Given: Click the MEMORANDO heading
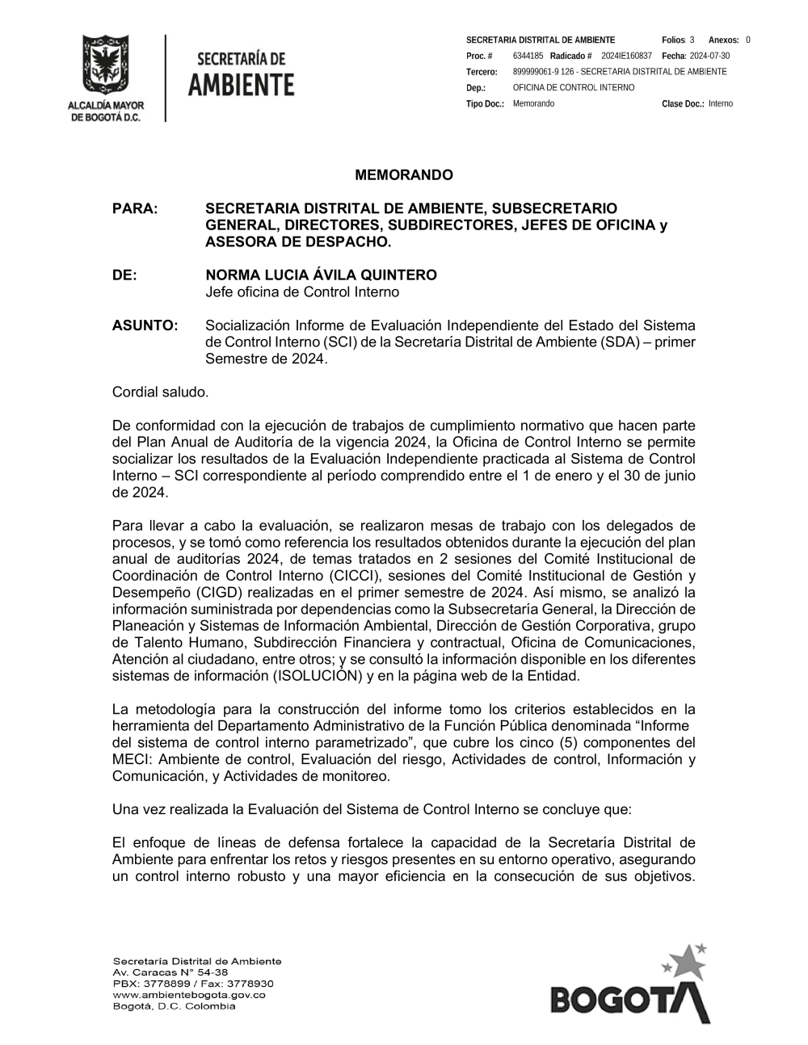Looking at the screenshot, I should click(x=404, y=175).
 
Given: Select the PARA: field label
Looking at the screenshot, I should click(x=135, y=208).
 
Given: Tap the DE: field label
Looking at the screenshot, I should click(x=124, y=275).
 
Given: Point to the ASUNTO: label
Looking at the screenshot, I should click(x=145, y=325).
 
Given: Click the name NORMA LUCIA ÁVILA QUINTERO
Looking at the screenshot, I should click(x=321, y=275).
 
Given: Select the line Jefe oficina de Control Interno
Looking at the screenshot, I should click(x=301, y=292).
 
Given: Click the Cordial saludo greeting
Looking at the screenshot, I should click(x=160, y=392).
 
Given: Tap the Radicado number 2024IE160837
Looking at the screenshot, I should click(x=626, y=56).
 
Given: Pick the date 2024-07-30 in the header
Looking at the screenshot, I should click(x=709, y=56).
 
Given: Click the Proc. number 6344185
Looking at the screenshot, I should click(x=528, y=56).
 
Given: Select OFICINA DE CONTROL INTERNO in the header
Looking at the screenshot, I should click(x=574, y=87).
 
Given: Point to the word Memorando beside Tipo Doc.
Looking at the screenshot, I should click(x=533, y=103).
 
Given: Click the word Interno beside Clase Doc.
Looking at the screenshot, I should click(x=721, y=103).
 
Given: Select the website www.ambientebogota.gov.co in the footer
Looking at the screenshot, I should click(x=189, y=995).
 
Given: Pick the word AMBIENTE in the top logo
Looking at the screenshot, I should click(x=241, y=84).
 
